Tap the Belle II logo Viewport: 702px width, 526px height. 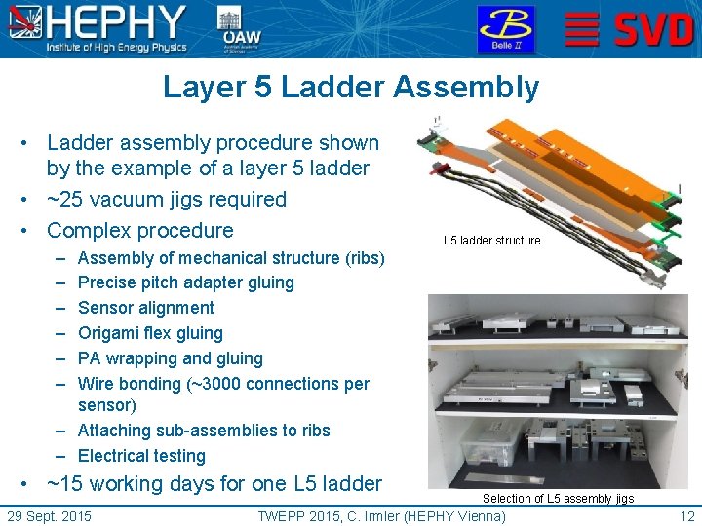[505, 29]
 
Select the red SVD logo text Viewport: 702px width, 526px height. [652, 29]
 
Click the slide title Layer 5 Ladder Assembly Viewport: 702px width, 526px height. [351, 88]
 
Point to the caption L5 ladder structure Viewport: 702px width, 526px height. [491, 241]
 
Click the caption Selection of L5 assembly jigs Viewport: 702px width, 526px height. [558, 499]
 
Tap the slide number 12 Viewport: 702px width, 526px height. [686, 515]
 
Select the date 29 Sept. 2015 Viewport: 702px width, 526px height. [49, 515]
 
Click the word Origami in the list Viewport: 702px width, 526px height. [110, 333]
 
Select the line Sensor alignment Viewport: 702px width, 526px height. [145, 308]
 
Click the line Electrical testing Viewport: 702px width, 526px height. [141, 456]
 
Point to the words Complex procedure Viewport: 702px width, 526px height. [140, 231]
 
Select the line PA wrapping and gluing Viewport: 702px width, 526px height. [170, 358]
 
